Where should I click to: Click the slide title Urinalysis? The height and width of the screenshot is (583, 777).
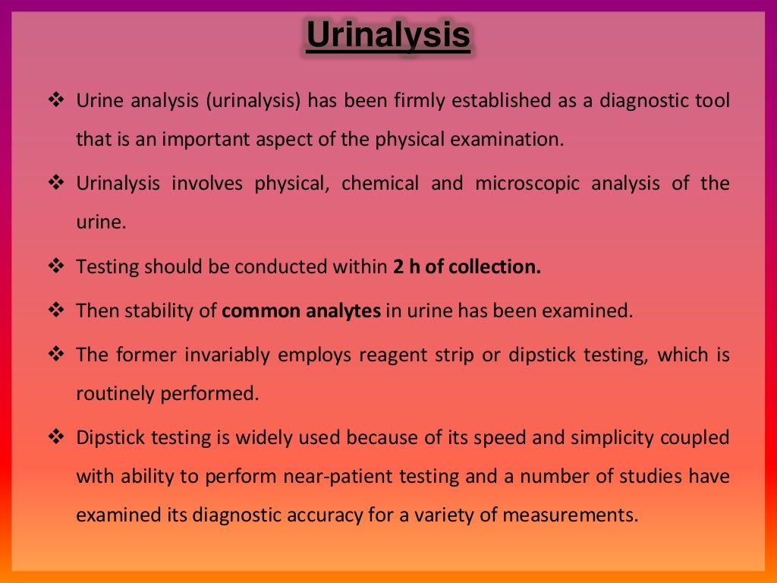pyautogui.click(x=388, y=36)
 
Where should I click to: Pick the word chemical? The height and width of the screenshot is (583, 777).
pyautogui.click(x=379, y=183)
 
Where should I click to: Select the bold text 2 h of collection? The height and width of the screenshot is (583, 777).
pyautogui.click(x=467, y=266)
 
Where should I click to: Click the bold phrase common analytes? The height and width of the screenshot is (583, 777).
pyautogui.click(x=301, y=310)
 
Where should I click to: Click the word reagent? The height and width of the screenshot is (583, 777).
pyautogui.click(x=388, y=355)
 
